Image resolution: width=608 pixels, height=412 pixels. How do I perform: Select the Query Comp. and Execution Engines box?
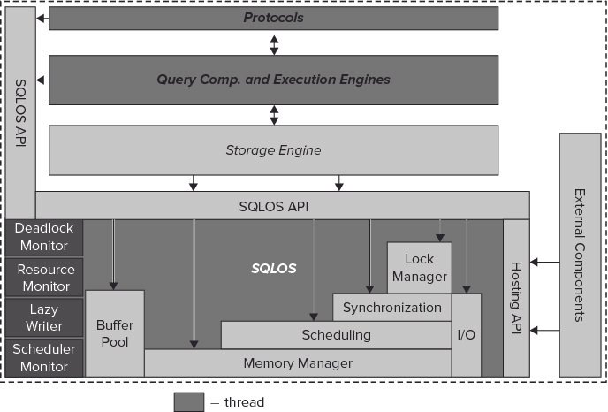[273, 80]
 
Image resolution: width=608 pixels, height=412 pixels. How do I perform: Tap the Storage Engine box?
[273, 149]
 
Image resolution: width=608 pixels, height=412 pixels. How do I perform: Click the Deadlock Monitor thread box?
[44, 237]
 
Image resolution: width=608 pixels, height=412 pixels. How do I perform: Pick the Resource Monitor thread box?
[44, 277]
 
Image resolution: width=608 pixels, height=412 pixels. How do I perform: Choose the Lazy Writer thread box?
[44, 317]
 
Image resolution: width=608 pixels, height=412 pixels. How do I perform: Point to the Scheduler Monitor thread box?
[44, 357]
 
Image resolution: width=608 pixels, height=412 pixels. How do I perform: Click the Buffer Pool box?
[114, 332]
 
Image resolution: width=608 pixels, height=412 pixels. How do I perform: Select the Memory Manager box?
[297, 363]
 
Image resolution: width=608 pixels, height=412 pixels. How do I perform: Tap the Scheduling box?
[336, 335]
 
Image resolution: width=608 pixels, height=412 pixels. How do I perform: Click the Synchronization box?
[391, 308]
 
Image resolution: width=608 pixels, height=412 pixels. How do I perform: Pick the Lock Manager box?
[419, 267]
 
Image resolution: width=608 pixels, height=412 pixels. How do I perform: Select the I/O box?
[467, 335]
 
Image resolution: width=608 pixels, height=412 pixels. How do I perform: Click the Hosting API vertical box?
[516, 298]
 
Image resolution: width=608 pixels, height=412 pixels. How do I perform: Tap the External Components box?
[580, 254]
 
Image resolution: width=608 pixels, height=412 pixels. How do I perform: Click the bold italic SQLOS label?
[273, 268]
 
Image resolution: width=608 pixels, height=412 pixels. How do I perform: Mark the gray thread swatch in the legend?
[188, 401]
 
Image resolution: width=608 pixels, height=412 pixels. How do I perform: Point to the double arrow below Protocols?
[274, 43]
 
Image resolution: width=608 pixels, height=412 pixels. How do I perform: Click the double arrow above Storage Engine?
[274, 114]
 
